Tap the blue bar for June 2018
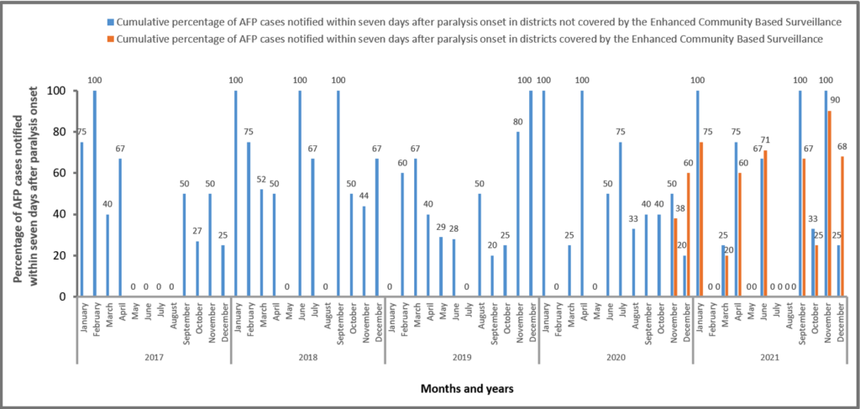[300, 193]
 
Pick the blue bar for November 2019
[518, 214]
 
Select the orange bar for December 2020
[690, 234]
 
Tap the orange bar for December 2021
[842, 226]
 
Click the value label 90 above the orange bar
[835, 99]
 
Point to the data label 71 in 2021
[767, 139]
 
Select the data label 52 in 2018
[261, 180]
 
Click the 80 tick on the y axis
[59, 132]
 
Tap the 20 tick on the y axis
[59, 255]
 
